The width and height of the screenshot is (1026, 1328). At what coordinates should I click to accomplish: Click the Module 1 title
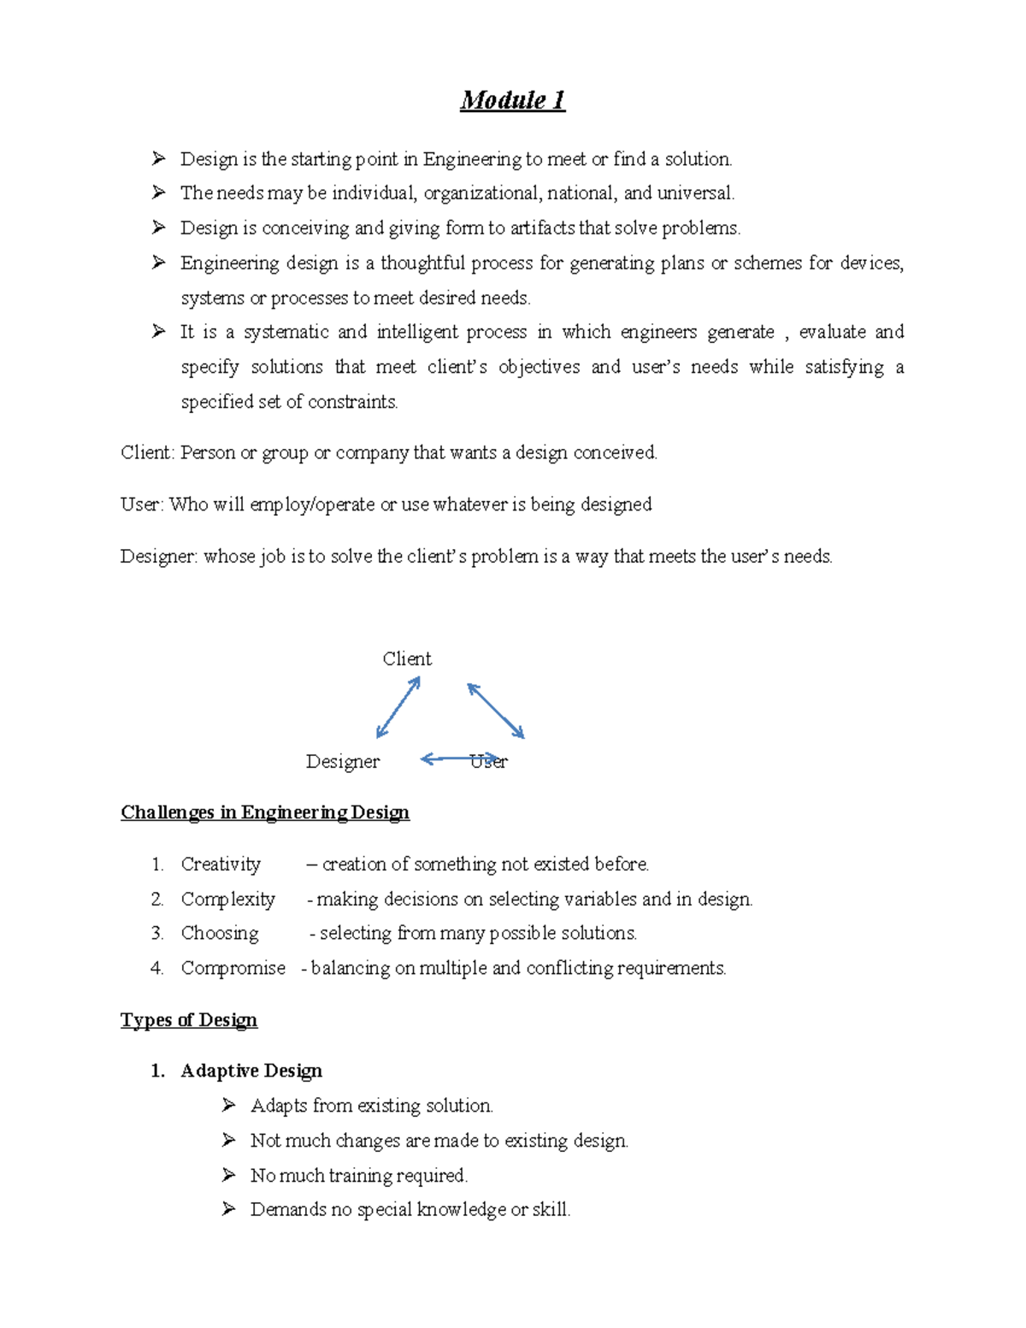click(x=512, y=100)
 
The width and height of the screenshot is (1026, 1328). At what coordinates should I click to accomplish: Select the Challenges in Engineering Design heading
click(x=265, y=812)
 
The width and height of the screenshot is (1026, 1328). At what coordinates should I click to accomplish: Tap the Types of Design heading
click(x=189, y=1019)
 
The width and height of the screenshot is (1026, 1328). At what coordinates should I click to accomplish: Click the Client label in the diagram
click(x=407, y=658)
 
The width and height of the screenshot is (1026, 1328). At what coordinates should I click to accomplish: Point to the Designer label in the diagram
click(x=343, y=761)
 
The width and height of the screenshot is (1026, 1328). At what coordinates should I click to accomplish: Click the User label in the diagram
click(x=489, y=761)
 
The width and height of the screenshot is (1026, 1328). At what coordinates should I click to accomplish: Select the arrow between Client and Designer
click(x=398, y=707)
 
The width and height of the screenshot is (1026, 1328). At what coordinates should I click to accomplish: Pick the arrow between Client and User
click(x=496, y=710)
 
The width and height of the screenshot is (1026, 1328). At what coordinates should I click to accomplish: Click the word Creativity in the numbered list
click(x=221, y=864)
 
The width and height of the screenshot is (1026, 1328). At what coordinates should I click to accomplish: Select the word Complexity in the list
click(x=227, y=899)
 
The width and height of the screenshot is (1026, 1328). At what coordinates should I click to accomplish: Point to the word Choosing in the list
click(x=220, y=933)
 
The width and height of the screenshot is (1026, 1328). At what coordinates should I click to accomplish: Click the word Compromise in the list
click(x=233, y=968)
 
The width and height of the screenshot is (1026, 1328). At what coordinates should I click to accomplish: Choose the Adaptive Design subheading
click(x=251, y=1071)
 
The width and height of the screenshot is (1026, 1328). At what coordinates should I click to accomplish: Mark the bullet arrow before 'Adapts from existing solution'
click(x=228, y=1105)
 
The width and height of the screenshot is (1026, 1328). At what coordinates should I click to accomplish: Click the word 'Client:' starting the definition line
click(x=148, y=452)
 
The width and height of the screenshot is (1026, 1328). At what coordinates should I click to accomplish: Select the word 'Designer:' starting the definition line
click(x=159, y=556)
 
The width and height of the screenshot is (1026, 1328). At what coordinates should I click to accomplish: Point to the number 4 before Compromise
click(x=156, y=968)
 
